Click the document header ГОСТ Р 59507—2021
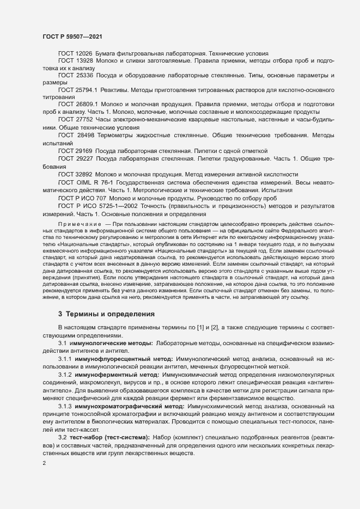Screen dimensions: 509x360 71,36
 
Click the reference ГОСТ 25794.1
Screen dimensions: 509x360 77,89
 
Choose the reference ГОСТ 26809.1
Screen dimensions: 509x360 77,104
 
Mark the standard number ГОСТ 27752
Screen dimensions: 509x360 75,119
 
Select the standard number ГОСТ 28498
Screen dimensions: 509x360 76,133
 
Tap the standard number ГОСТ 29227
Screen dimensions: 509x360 75,158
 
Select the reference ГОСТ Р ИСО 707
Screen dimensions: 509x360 82,198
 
